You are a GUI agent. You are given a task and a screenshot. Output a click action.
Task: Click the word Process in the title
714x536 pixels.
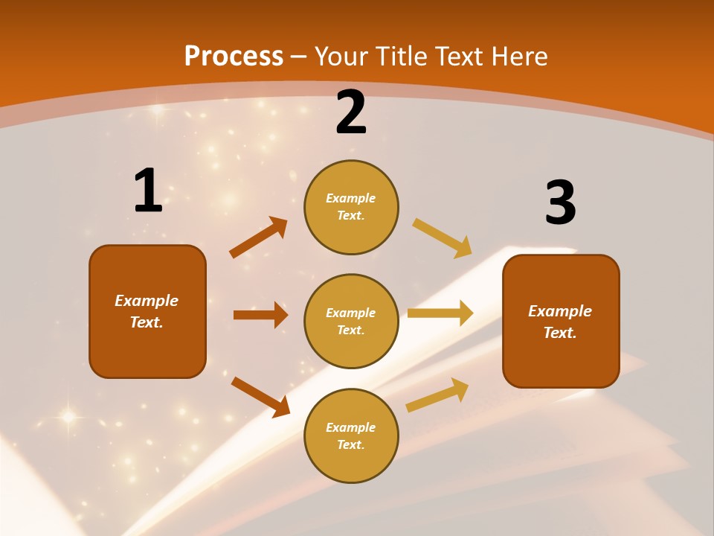pyautogui.click(x=234, y=57)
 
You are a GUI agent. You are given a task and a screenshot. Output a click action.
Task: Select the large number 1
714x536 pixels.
pyautogui.click(x=148, y=191)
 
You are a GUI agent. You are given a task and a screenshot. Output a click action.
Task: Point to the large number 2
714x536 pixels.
pyautogui.click(x=351, y=112)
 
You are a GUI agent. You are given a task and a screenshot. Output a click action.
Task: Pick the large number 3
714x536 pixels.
pyautogui.click(x=561, y=202)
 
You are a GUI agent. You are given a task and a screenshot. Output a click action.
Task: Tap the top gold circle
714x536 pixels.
pyautogui.click(x=351, y=207)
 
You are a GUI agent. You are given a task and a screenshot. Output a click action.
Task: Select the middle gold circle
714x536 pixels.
pyautogui.click(x=351, y=321)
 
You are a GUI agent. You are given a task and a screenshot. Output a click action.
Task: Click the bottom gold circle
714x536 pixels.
pyautogui.click(x=351, y=435)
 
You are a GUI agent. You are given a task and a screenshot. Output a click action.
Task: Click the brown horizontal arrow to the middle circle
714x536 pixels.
pyautogui.click(x=260, y=315)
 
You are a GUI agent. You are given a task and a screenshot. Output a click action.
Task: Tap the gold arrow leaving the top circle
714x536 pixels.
pyautogui.click(x=443, y=238)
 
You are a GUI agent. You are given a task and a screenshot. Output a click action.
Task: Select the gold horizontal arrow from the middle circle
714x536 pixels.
pyautogui.click(x=440, y=313)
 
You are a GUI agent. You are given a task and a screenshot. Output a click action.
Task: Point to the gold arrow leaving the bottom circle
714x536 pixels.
pyautogui.click(x=437, y=395)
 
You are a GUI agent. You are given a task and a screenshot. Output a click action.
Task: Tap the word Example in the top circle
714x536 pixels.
pyautogui.click(x=351, y=199)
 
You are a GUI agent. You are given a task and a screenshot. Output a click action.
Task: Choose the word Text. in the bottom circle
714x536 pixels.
pyautogui.click(x=351, y=445)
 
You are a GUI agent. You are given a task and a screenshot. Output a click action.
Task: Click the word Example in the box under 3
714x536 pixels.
pyautogui.click(x=560, y=311)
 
